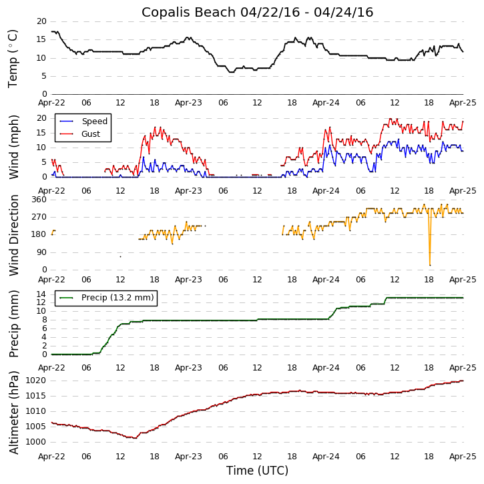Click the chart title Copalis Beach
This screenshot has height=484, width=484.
257,13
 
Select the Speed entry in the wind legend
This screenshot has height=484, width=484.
94,122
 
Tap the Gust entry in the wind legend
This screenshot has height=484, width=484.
90,134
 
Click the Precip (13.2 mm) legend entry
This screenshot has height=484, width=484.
117,298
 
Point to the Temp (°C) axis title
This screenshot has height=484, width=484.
13,58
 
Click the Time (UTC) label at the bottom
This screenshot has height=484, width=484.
257,471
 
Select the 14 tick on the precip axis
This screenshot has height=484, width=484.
41,294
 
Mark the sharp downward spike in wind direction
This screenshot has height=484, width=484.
429,264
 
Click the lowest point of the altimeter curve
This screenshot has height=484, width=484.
136,438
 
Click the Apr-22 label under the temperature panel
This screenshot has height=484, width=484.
52,103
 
